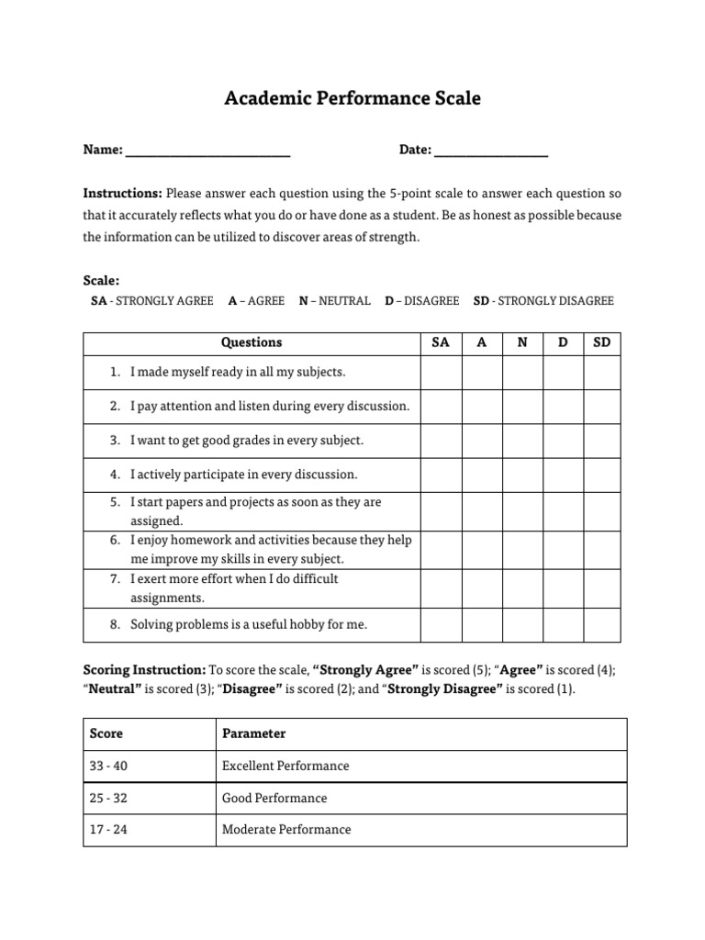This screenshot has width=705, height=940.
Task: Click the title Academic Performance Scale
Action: (352, 98)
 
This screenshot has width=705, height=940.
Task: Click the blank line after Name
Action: (207, 152)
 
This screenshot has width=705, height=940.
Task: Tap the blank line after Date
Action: (490, 152)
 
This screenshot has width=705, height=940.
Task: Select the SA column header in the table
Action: (441, 342)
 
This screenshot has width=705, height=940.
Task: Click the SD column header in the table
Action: (602, 342)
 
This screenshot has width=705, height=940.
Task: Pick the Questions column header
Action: (252, 342)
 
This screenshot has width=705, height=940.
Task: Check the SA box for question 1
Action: (441, 373)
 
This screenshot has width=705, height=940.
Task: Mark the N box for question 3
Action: (522, 441)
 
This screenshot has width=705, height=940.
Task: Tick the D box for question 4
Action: (563, 475)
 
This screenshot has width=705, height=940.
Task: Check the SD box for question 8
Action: (602, 624)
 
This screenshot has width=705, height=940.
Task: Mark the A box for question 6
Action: (482, 550)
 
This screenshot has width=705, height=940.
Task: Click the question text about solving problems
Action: (248, 624)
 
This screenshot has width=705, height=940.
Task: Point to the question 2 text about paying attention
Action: (270, 407)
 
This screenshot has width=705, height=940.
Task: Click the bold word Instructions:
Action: (123, 194)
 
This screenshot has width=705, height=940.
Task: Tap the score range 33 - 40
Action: (108, 766)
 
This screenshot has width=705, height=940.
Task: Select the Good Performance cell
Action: (274, 798)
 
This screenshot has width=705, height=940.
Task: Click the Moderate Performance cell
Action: (286, 830)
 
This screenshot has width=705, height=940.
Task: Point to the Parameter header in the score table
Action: (254, 733)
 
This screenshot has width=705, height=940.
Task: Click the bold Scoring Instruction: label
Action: (144, 669)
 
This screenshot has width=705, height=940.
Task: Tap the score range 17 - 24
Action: (108, 830)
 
